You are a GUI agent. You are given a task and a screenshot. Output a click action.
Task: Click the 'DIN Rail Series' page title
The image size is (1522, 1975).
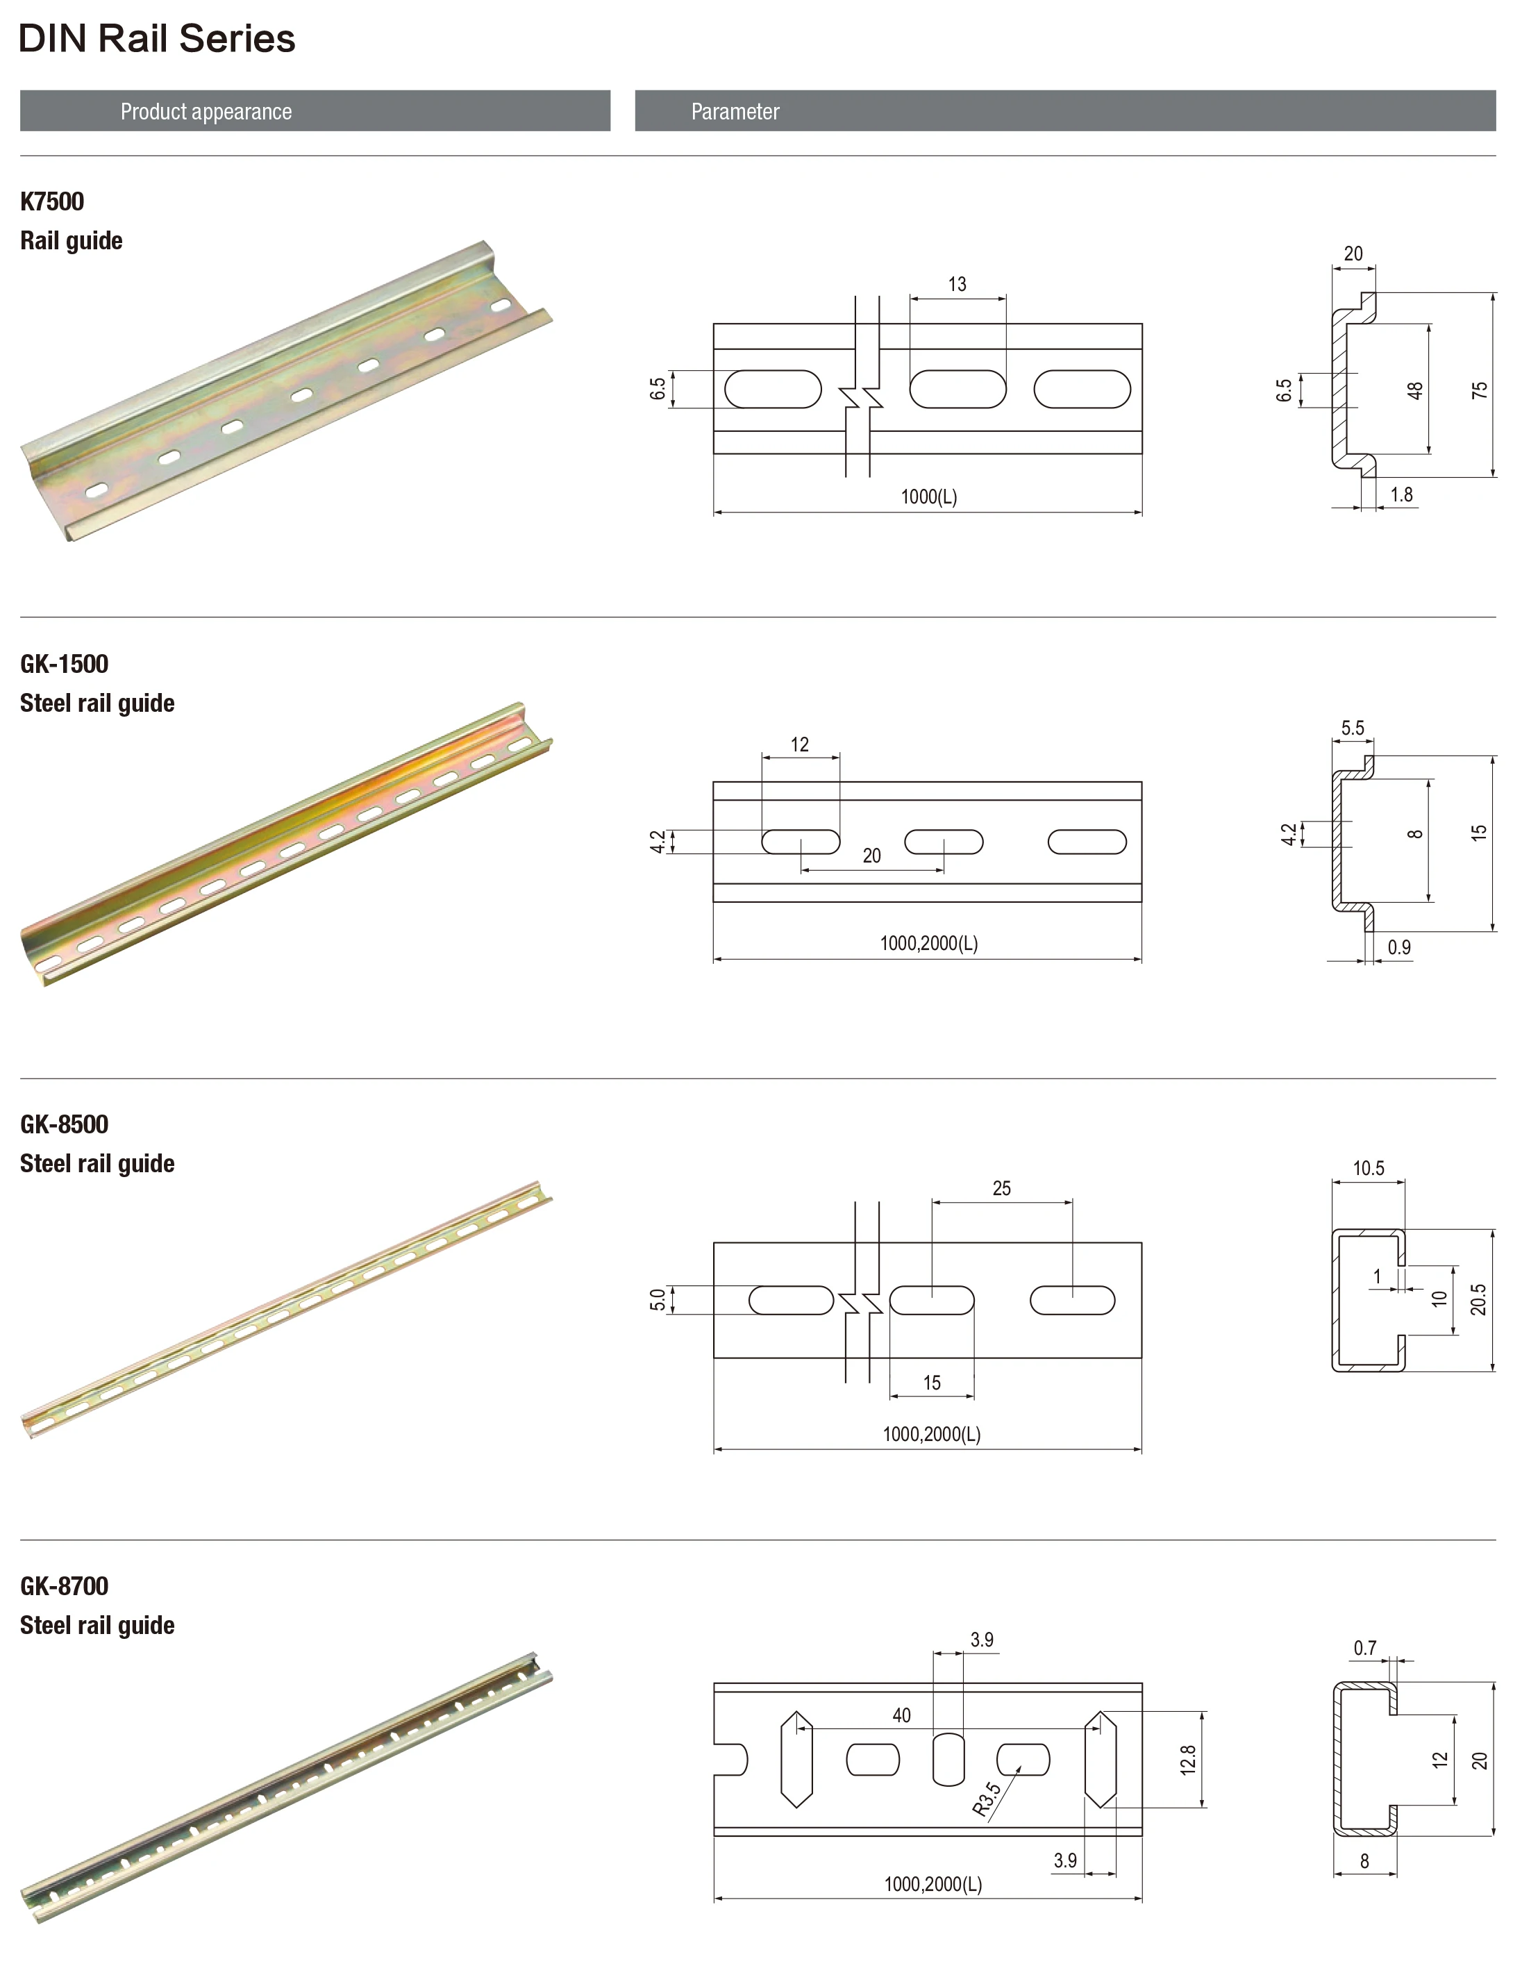coord(156,39)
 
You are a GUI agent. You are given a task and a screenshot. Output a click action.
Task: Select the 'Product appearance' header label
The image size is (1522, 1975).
coord(206,111)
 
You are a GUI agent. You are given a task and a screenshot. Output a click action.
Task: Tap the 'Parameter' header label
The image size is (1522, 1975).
coord(735,111)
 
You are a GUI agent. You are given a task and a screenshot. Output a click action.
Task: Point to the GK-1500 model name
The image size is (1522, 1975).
coord(63,663)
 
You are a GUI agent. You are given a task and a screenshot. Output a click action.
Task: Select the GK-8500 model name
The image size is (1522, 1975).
coord(63,1124)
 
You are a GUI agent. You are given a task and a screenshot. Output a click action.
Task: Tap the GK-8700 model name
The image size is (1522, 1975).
coord(63,1585)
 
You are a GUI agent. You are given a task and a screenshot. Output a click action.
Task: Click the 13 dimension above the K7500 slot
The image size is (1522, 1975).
coord(957,284)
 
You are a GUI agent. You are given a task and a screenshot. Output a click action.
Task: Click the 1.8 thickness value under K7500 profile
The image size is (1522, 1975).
coord(1400,494)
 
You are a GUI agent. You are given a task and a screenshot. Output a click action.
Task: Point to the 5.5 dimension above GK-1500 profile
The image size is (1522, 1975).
coord(1352,727)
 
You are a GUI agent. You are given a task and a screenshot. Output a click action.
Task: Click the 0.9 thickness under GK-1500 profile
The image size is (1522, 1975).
coord(1398,947)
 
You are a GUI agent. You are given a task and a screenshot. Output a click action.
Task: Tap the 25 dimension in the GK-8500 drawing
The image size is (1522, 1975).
coord(1001,1187)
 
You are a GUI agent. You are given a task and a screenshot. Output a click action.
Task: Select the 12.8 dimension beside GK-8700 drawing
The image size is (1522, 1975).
coord(1187,1759)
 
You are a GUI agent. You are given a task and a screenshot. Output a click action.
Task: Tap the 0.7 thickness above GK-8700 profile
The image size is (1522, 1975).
coord(1364,1648)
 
